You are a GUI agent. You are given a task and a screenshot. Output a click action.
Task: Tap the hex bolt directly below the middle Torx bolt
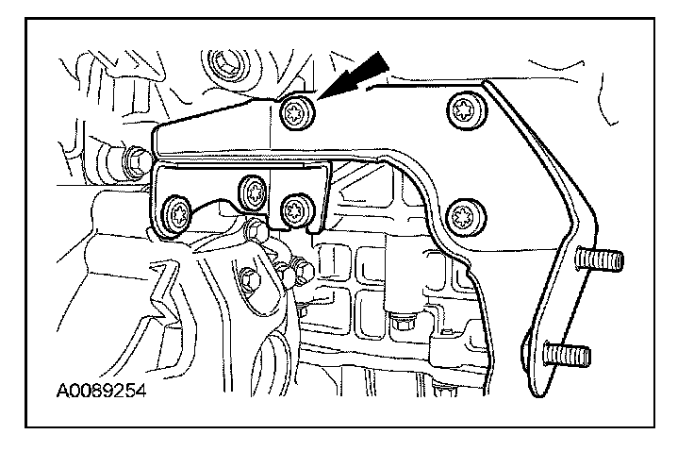pos(253,230)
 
